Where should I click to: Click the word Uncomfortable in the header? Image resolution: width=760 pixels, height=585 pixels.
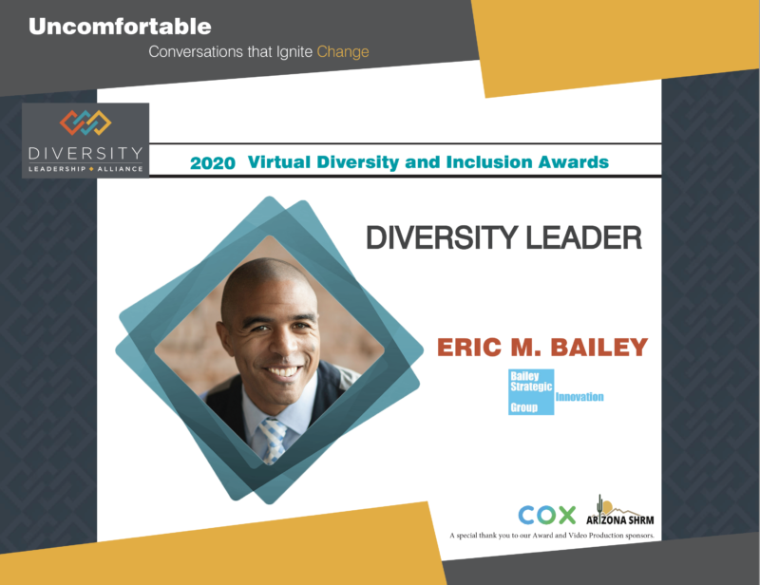[x=120, y=27]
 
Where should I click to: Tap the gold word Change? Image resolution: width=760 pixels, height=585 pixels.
[x=343, y=52]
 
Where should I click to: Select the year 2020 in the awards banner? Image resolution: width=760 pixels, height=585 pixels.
[x=212, y=163]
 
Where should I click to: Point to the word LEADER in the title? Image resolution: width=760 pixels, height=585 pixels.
[x=583, y=237]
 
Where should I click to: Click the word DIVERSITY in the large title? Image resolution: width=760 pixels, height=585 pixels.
[x=443, y=237]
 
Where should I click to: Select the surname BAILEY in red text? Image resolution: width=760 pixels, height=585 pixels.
[x=599, y=347]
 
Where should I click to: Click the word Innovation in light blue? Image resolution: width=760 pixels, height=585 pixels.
[x=579, y=397]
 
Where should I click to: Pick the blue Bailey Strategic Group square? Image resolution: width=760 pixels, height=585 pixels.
[x=531, y=392]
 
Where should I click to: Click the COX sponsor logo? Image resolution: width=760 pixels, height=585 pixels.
[x=547, y=515]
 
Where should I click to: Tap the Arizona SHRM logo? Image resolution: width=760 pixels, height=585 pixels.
[x=620, y=511]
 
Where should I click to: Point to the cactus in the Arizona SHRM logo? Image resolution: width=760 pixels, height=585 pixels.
[x=600, y=505]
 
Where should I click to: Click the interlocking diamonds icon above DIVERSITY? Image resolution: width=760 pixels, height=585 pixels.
[x=85, y=123]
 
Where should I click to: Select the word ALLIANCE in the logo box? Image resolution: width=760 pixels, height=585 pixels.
[x=121, y=169]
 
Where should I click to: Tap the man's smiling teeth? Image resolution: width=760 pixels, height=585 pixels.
[x=282, y=371]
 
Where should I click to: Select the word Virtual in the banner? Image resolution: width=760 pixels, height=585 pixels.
[x=278, y=161]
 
